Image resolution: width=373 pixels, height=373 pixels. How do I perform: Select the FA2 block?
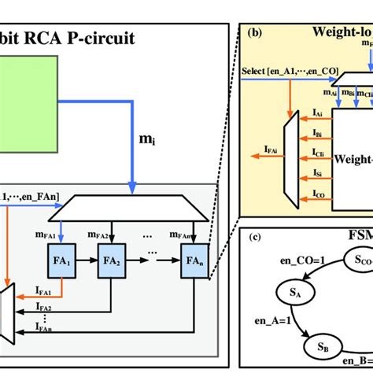pos(111,258)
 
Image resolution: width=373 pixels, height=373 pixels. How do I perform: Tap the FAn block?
pos(194,258)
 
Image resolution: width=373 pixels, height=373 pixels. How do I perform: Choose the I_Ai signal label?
pos(316,113)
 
